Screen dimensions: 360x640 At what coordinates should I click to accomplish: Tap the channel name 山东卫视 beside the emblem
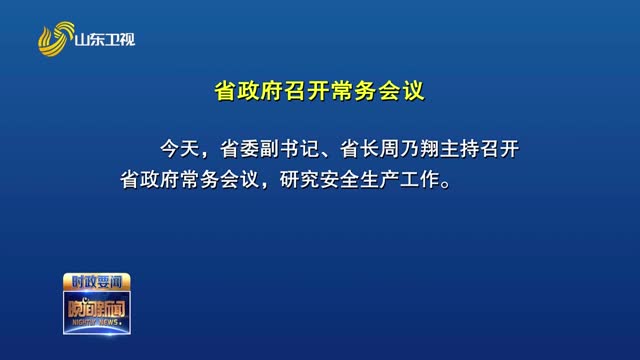coord(106,41)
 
